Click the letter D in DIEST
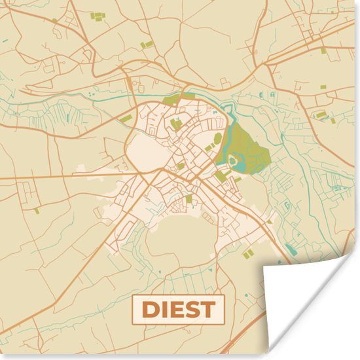tap(151, 310)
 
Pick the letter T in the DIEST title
tap(208, 310)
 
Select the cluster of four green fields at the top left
tap(98, 16)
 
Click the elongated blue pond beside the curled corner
tap(289, 249)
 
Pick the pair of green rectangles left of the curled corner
tap(248, 253)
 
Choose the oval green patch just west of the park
tap(217, 139)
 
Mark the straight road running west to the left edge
tap(39, 177)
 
